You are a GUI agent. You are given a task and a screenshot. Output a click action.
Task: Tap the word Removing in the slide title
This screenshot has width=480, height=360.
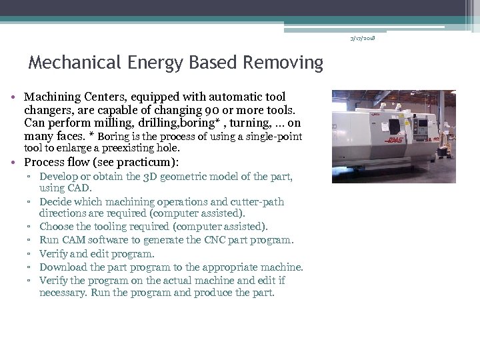[x=283, y=63]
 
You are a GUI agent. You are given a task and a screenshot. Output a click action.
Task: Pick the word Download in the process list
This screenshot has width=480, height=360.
[x=62, y=267]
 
